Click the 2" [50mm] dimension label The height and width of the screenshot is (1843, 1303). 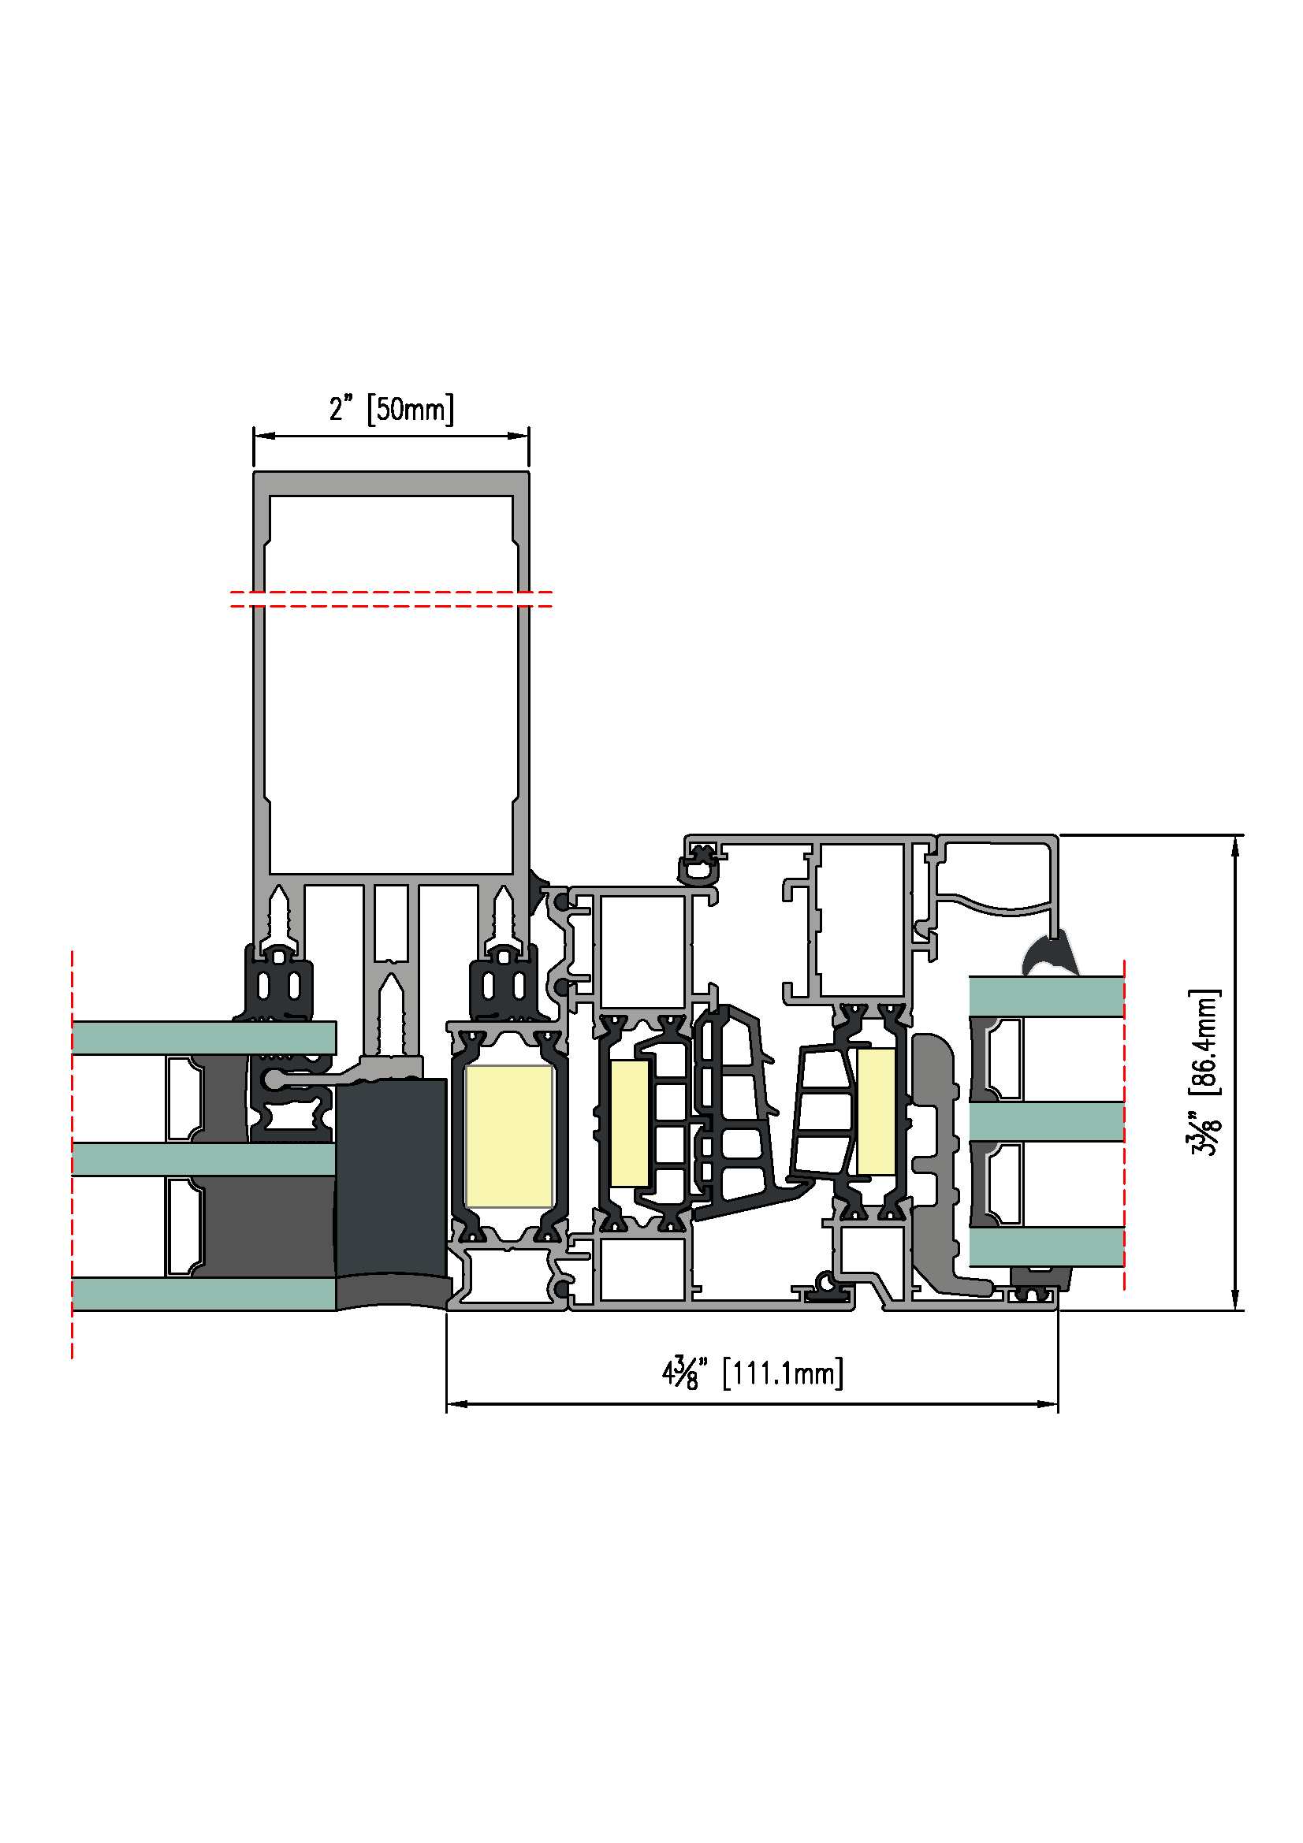391,409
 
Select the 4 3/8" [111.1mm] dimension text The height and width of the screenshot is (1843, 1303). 752,1372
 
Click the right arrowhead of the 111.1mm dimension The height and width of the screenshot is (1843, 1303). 1047,1404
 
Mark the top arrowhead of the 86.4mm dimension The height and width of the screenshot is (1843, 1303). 1234,846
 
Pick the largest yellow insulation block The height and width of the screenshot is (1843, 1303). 509,1136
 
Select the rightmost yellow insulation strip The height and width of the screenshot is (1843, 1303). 876,1111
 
